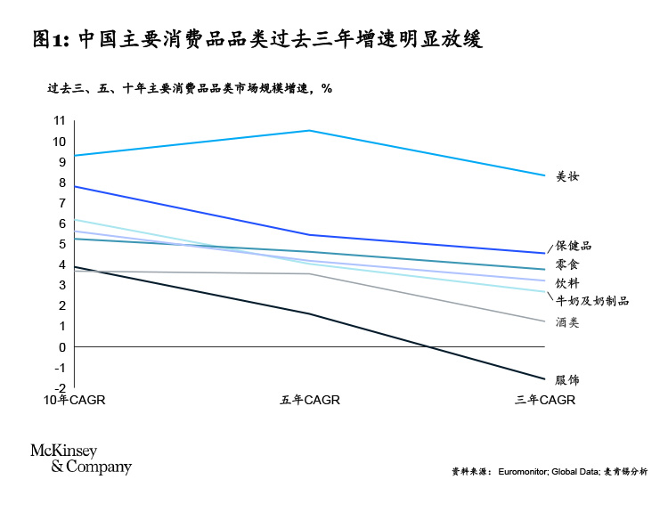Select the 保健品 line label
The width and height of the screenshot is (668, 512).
coord(574,246)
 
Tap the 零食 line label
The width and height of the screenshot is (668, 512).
coord(567,265)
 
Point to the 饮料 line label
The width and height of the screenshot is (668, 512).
coord(567,283)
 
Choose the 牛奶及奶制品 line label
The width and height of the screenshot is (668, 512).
coord(592,301)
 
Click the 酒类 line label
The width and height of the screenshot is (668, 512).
coord(567,322)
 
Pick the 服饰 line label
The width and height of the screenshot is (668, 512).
coord(567,380)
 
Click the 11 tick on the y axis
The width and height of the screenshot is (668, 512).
coord(60,121)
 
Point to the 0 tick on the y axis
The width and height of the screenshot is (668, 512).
coord(62,347)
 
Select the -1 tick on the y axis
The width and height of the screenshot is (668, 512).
coord(61,368)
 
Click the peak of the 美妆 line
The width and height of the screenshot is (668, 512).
coord(309,131)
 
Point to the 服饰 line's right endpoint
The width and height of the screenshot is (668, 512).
coord(544,379)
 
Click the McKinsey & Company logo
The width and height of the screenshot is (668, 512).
coord(81,459)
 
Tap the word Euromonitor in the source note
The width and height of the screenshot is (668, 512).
coord(524,471)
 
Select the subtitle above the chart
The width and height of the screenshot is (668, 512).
coord(189,89)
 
